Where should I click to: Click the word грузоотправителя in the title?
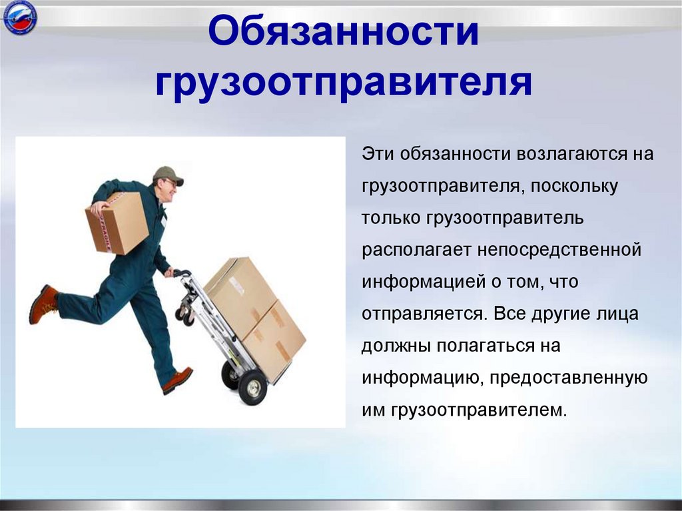click(x=344, y=85)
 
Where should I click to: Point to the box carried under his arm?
click(x=117, y=223)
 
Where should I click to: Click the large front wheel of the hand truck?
click(x=252, y=388)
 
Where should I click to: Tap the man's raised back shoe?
click(x=43, y=303)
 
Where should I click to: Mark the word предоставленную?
click(x=572, y=378)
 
